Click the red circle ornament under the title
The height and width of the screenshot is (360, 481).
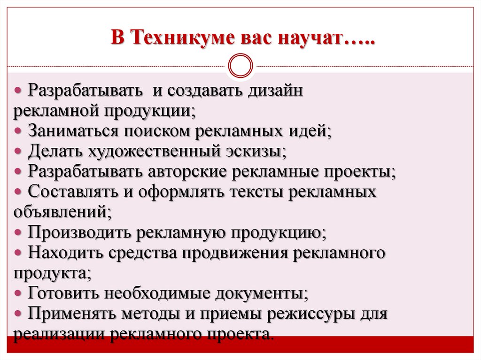(x=240, y=66)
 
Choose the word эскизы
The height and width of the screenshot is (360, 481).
(x=256, y=151)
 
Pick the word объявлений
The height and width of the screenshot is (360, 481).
(x=62, y=212)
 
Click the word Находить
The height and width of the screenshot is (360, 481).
(x=65, y=253)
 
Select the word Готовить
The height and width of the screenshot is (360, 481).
(x=64, y=294)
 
